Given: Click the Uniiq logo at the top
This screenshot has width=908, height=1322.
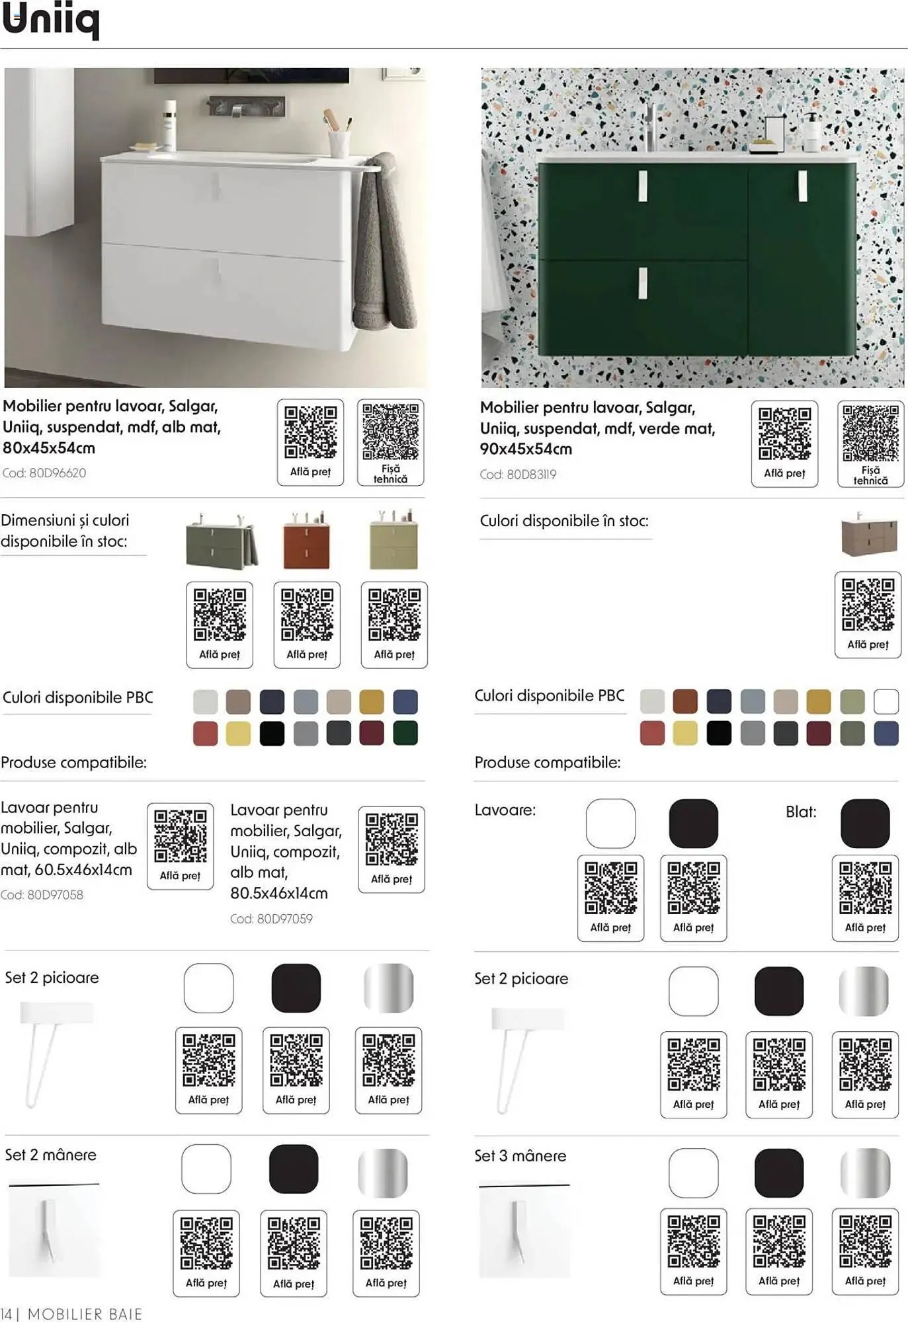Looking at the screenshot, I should [x=51, y=21].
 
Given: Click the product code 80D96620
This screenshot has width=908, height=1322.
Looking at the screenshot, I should [x=44, y=473].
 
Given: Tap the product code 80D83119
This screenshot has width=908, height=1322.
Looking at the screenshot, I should [x=518, y=475].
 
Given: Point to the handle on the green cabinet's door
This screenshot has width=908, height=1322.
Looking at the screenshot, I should [x=802, y=186].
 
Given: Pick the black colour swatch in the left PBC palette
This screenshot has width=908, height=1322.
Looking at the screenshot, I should [x=272, y=733].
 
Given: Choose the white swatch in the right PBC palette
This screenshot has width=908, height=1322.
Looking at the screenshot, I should [x=886, y=701].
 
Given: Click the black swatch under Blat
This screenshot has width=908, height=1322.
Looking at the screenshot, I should [x=865, y=824].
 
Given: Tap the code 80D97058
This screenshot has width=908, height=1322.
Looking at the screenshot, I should [x=42, y=895].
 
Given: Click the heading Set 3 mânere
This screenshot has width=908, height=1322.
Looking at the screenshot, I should [x=520, y=1156].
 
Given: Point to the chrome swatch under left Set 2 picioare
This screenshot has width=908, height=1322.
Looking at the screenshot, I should [x=389, y=988].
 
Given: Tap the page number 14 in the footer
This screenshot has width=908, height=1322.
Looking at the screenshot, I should [x=6, y=1314].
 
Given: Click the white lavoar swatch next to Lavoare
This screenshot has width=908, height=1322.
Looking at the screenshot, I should [x=610, y=824].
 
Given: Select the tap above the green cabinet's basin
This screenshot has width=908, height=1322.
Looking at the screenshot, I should [x=651, y=126].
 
